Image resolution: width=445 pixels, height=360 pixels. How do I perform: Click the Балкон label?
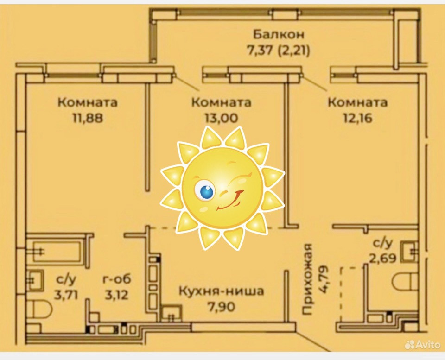coord(278,34)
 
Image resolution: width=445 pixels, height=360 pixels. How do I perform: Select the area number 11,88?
coord(87,118)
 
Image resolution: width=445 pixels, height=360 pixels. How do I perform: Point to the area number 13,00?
coord(221,118)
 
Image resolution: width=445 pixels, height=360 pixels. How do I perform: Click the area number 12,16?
coord(357,118)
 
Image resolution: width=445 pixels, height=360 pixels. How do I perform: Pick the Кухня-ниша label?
coord(221,291)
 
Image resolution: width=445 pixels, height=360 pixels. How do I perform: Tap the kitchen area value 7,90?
coord(221,307)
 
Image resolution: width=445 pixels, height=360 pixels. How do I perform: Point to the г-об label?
coord(116,279)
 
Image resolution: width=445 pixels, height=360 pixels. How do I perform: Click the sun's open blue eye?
coord(205,190)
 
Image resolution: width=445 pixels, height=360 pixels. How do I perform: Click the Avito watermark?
coord(422,344)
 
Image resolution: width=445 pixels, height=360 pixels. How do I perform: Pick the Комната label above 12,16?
coord(357,102)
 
